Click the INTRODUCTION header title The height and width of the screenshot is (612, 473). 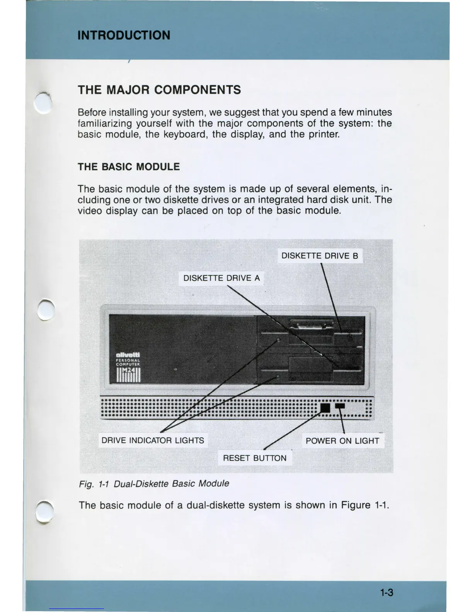124,35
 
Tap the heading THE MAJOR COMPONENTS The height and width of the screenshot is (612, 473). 159,90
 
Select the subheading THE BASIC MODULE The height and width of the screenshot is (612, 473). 129,167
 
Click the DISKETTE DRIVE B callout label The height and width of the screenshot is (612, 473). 320,256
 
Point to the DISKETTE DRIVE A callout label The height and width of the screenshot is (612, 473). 221,278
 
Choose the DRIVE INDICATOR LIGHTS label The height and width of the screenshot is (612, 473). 153,440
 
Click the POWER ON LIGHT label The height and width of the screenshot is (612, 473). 342,441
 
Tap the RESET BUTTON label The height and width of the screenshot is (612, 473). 255,458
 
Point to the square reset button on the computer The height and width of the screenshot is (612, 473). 325,408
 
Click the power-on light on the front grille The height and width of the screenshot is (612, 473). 340,406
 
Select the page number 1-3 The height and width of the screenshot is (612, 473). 386,592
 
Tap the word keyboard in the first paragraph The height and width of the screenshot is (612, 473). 185,134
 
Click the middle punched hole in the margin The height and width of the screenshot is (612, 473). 46,310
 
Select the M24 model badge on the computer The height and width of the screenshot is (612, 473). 129,373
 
